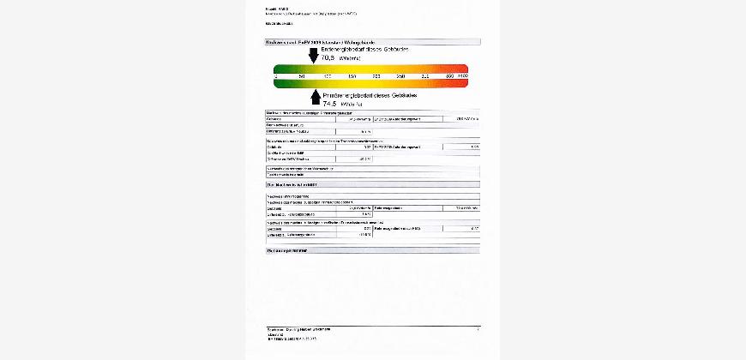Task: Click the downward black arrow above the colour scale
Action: click(313, 57)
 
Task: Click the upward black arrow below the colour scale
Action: click(315, 96)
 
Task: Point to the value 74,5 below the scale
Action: click(330, 103)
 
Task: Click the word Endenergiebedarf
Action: click(342, 51)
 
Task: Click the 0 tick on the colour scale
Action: click(276, 76)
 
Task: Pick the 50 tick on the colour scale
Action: click(301, 76)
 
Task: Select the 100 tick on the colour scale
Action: click(327, 76)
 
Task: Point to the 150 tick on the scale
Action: click(352, 76)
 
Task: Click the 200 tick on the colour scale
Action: click(376, 76)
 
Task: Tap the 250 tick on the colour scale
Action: click(400, 76)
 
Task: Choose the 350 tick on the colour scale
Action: click(450, 76)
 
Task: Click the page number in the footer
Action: click(478, 328)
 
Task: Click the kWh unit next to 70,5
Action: click(349, 59)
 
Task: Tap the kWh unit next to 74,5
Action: click(353, 104)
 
